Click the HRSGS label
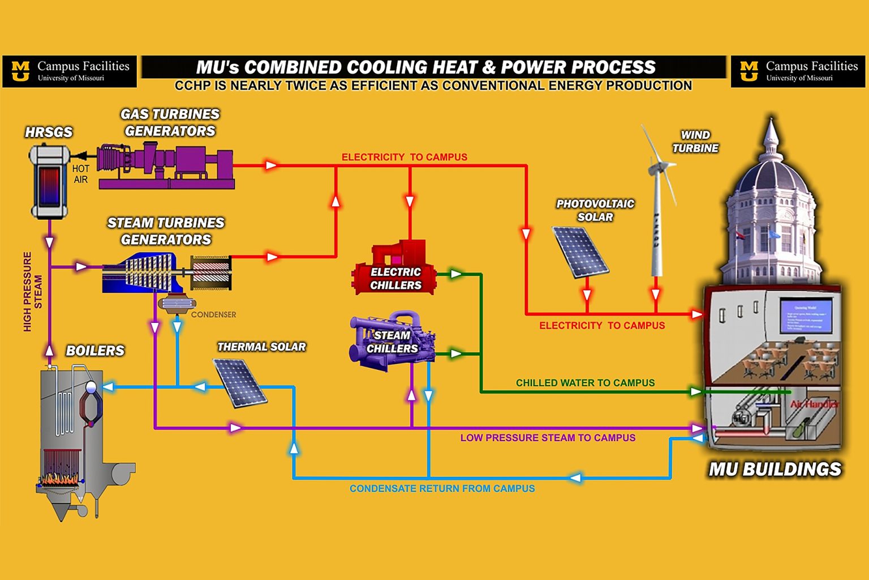tap(49, 132)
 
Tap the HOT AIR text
tap(80, 174)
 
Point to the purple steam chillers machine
tap(392, 340)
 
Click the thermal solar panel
tap(240, 383)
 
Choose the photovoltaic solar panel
tap(580, 251)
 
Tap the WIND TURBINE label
tap(695, 142)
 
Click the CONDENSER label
tap(213, 314)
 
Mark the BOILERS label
tap(95, 351)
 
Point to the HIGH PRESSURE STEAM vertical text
tap(32, 291)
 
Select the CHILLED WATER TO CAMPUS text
tap(585, 383)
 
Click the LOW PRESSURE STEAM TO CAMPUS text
tap(548, 438)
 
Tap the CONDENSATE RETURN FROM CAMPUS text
tap(442, 488)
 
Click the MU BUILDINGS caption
tap(775, 469)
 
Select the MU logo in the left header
tap(20, 71)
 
